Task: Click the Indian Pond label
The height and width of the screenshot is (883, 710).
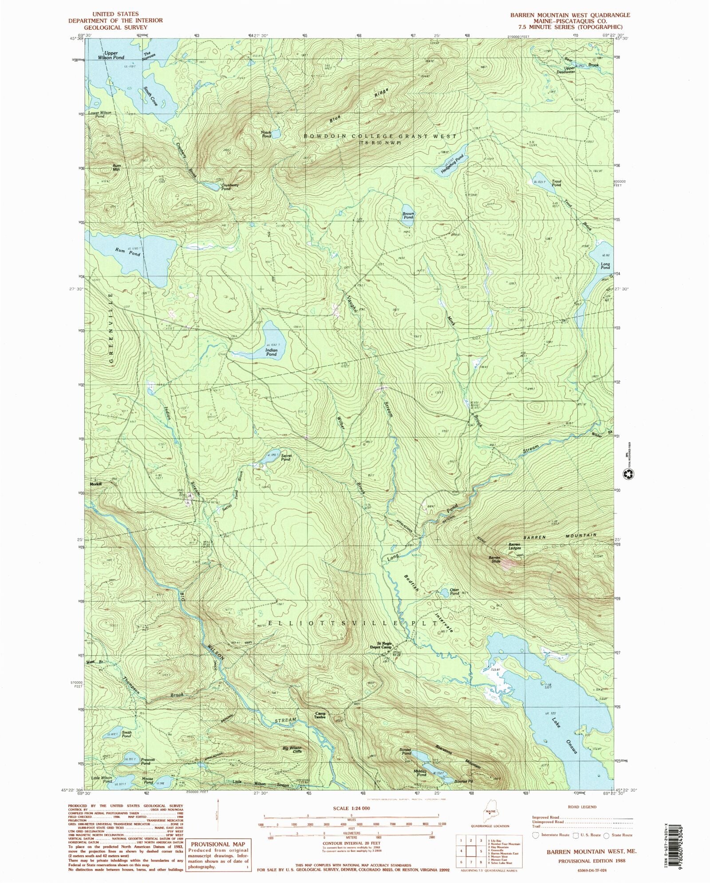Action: [x=271, y=352]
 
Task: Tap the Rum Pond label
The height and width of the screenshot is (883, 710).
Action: [x=128, y=252]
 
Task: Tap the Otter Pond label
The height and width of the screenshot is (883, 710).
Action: [x=454, y=592]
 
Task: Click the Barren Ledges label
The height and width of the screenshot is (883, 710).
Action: [x=514, y=546]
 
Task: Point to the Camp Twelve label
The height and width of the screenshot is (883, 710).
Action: [x=320, y=715]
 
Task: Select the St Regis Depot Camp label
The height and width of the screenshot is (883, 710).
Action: [x=384, y=645]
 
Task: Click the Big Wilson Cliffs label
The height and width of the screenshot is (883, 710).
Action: [x=292, y=750]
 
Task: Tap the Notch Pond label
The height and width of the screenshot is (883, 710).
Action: [x=266, y=134]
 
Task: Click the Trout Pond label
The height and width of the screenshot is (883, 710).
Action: [x=556, y=183]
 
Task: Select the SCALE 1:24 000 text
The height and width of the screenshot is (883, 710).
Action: [x=351, y=808]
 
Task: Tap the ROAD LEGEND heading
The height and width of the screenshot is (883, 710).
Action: [x=582, y=807]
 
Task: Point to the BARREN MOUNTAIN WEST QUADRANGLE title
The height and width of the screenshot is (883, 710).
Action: [x=570, y=15]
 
